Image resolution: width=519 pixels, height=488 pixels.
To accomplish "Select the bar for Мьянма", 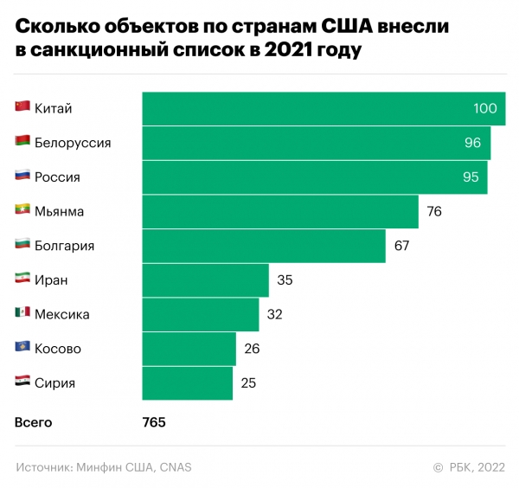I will tap(280, 211).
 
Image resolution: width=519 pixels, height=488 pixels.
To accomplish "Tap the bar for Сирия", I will tap(188, 383).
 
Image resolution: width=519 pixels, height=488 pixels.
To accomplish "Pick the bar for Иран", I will tap(206, 280).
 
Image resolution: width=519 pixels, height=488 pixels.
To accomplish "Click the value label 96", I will tap(472, 143).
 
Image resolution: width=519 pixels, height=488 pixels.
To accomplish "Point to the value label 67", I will tap(401, 246).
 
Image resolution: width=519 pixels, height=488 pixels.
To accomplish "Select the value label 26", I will tap(253, 349).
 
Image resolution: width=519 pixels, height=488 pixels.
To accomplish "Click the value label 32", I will tap(275, 315).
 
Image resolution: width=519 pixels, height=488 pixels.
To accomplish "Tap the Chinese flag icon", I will tap(22, 107).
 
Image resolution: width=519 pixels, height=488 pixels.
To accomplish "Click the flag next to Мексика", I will tap(22, 314).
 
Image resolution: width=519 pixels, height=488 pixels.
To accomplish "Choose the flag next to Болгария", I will tap(22, 245).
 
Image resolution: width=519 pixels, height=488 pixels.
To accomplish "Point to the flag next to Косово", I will tap(22, 348).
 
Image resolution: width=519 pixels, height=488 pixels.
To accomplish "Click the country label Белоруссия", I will tap(73, 143).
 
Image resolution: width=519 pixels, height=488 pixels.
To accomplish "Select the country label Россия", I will tap(57, 177).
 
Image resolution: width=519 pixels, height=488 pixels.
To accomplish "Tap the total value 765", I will tap(154, 423).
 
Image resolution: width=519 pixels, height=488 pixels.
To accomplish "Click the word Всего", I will tap(34, 423).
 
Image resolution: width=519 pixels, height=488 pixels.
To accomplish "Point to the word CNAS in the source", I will tap(176, 468).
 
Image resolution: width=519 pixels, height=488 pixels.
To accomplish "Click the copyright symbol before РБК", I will tap(438, 468).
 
